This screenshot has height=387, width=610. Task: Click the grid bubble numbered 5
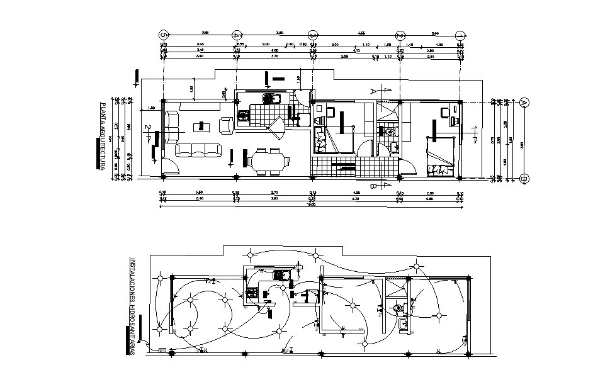164,35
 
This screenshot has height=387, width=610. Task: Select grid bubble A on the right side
524,102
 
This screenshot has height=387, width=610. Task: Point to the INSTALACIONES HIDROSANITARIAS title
132,306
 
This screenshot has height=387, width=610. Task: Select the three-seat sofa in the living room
199,149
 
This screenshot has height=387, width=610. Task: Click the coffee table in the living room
202,126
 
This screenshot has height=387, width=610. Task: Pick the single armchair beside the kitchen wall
225,124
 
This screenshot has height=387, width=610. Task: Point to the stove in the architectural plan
244,115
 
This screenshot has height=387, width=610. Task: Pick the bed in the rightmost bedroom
439,160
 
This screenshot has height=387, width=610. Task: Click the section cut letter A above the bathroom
373,91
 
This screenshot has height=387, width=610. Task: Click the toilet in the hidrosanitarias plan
397,308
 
